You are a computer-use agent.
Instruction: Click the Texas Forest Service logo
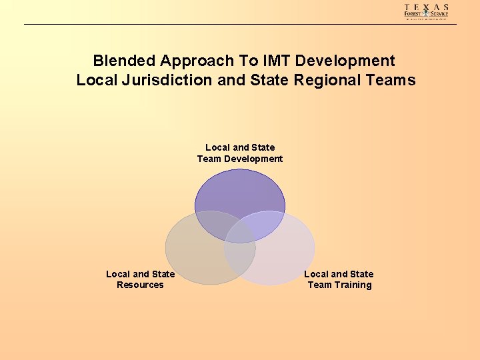tap(427, 11)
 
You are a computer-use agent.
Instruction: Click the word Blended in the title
tap(124, 61)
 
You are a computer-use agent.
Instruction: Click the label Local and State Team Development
tap(240, 153)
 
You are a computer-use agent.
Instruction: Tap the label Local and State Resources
tap(140, 279)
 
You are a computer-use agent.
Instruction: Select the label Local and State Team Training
tap(339, 279)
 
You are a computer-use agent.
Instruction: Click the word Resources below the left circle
tap(140, 285)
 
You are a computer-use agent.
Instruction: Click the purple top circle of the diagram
tap(240, 193)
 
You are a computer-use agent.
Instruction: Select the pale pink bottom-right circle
tap(280, 257)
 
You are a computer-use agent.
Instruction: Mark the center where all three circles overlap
tap(240, 230)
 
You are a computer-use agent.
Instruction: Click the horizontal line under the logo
tap(240, 25)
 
